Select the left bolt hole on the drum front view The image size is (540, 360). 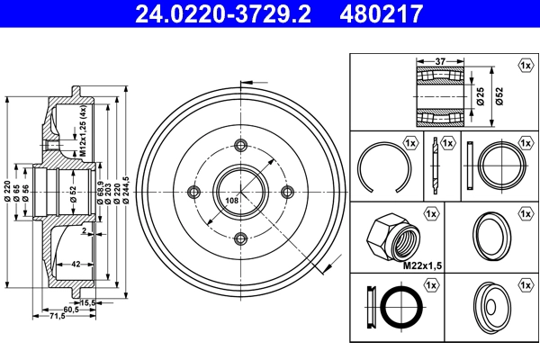pyautogui.click(x=193, y=192)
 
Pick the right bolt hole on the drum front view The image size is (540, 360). pyautogui.click(x=287, y=192)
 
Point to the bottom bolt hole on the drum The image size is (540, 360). pyautogui.click(x=240, y=238)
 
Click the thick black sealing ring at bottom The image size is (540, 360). pyautogui.click(x=400, y=309)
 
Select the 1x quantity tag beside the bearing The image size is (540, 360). pyautogui.click(x=523, y=66)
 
